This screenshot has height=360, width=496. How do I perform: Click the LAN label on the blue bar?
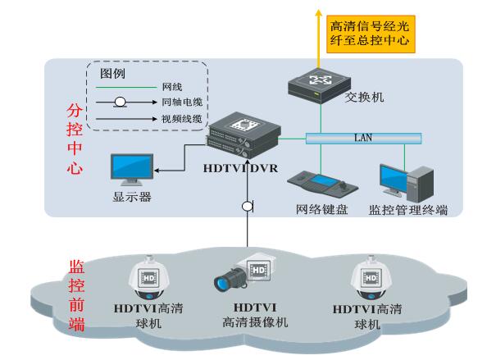click(362, 138)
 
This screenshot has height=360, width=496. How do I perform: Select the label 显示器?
click(132, 198)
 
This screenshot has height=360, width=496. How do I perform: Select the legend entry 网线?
click(173, 88)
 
